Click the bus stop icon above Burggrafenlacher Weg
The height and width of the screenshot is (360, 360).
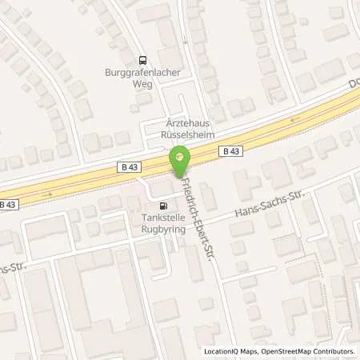point(142,58)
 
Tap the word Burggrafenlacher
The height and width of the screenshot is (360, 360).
point(142,71)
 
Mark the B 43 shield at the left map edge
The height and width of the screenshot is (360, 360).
point(7,205)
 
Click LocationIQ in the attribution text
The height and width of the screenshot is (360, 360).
point(222,351)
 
